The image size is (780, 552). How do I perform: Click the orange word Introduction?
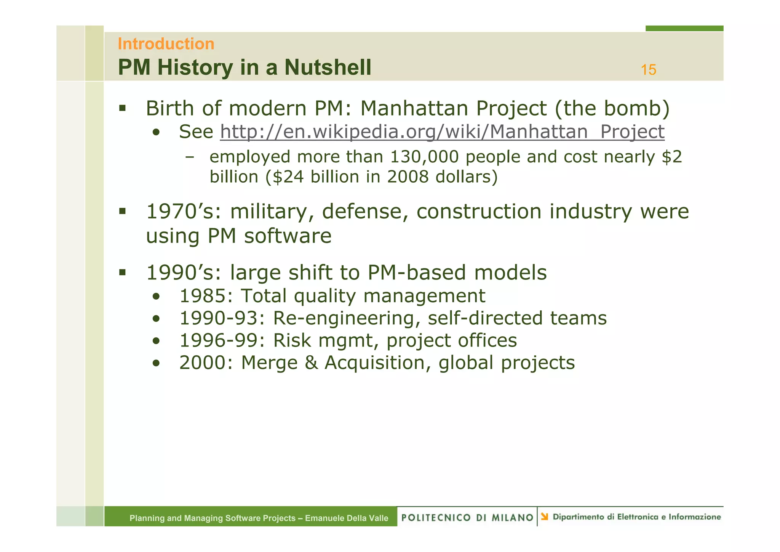[x=166, y=44]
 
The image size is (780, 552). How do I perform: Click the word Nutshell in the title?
[x=327, y=67]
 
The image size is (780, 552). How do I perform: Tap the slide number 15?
[x=648, y=70]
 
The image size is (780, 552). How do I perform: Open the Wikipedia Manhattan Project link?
[x=442, y=132]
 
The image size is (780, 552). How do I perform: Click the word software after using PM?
[x=288, y=236]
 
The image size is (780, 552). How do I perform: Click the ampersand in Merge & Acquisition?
[x=311, y=363]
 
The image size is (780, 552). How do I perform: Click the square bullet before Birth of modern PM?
[x=122, y=108]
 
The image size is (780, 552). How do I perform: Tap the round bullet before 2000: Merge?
[x=156, y=363]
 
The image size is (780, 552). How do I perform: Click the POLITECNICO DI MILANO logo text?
[x=467, y=517]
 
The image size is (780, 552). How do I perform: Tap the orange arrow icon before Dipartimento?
[x=545, y=517]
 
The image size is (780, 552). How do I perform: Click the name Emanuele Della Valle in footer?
[x=346, y=518]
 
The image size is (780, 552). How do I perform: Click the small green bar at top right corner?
[x=684, y=28]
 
